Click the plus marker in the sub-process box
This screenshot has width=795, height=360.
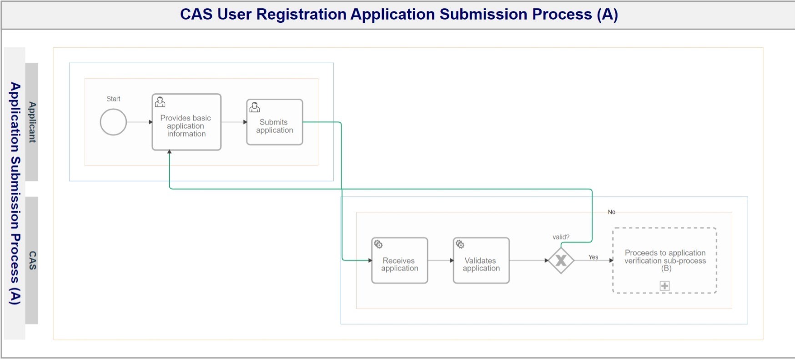coord(665,285)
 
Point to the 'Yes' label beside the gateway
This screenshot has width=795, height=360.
coord(594,257)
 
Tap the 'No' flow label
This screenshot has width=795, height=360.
coord(612,212)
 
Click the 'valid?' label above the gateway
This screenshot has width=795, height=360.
coord(561,237)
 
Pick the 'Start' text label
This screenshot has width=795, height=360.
coord(113,99)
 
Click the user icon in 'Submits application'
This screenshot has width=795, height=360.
coord(255,107)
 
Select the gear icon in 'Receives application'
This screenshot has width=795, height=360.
coord(378,245)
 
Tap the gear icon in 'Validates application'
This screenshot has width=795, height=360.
coord(460,245)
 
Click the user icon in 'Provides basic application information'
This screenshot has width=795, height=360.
coord(160,102)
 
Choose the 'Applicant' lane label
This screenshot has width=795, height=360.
coord(32,122)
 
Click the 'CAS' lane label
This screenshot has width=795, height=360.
coord(32,260)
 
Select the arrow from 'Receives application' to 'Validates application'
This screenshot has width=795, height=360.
coord(441,260)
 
